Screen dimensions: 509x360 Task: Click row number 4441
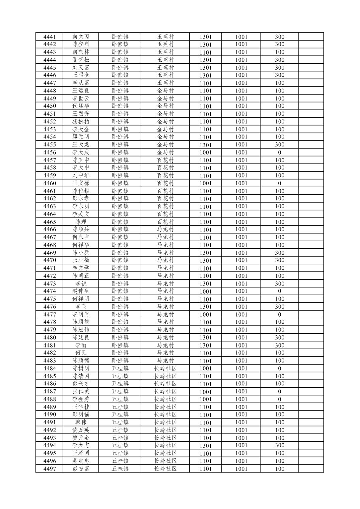(50, 37)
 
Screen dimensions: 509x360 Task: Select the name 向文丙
(81, 37)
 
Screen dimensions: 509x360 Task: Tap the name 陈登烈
(81, 44)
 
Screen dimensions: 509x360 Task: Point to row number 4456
(50, 152)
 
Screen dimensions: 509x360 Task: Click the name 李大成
(81, 152)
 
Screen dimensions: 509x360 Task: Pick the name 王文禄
(81, 183)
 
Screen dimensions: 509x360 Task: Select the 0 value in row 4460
(279, 183)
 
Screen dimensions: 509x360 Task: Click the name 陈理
(81, 222)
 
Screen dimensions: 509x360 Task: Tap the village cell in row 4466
(165, 230)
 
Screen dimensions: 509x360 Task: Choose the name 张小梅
(81, 260)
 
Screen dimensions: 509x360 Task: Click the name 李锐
(81, 283)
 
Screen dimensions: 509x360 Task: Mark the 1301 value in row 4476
(205, 307)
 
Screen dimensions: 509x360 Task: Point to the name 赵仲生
(81, 291)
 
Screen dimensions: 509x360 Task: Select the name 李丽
(81, 345)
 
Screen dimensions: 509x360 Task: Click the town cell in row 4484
(120, 368)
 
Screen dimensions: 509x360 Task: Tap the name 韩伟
(81, 422)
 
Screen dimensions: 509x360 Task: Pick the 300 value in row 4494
(279, 445)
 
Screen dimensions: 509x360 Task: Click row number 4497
(50, 469)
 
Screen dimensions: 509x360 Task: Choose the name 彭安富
(81, 469)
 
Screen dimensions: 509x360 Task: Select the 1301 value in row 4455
(205, 145)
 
